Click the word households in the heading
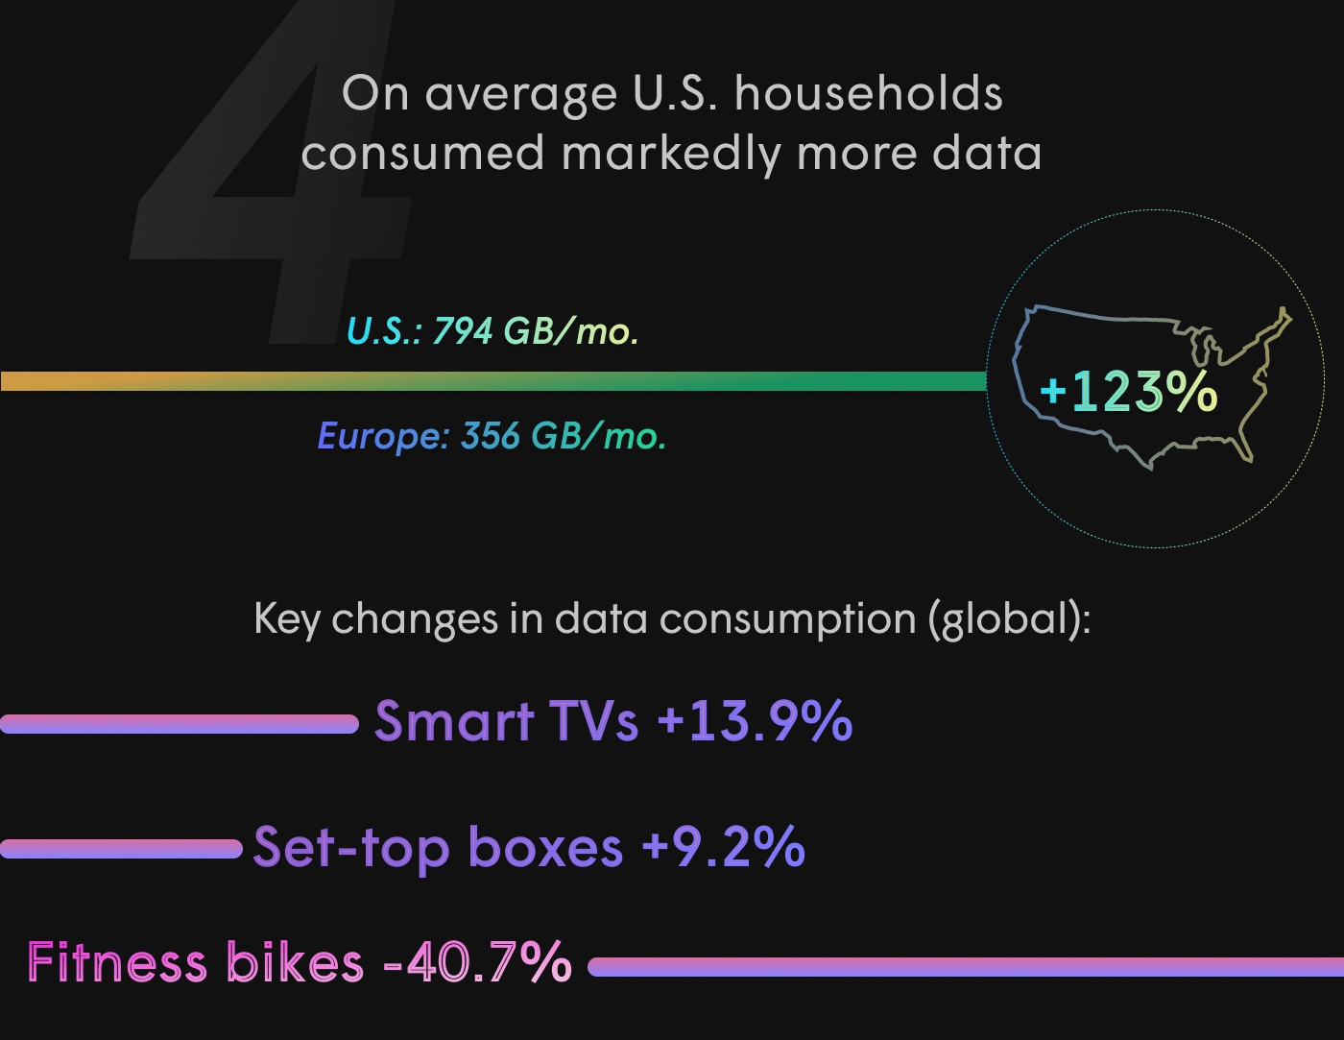pyautogui.click(x=869, y=94)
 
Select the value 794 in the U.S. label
pyautogui.click(x=462, y=331)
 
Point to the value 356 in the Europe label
pyautogui.click(x=490, y=436)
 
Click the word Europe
pyautogui.click(x=382, y=436)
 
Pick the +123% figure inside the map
pyautogui.click(x=1128, y=392)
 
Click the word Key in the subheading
pyautogui.click(x=286, y=619)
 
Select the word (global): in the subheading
pyautogui.click(x=1009, y=619)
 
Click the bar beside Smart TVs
pyautogui.click(x=179, y=724)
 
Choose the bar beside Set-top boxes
pyautogui.click(x=121, y=849)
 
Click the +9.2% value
pyautogui.click(x=723, y=847)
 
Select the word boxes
pyautogui.click(x=545, y=847)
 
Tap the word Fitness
pyautogui.click(x=117, y=962)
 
